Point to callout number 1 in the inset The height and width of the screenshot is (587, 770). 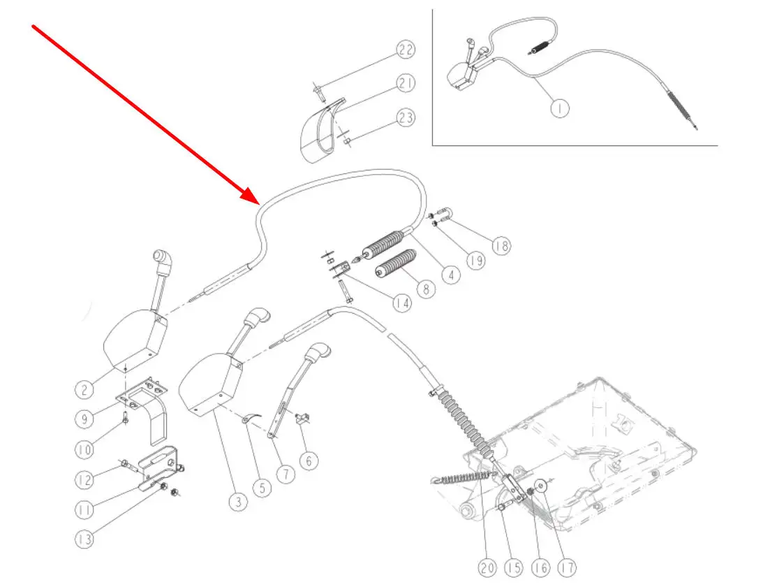coord(559,108)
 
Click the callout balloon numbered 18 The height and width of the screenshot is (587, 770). coord(500,246)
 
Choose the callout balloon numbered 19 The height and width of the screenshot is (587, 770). coord(475,261)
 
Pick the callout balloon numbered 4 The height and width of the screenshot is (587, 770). coord(452,275)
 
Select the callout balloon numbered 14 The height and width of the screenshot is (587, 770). coord(401,303)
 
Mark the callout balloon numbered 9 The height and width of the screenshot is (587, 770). coord(85,419)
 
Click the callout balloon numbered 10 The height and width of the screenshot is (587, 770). coord(84,451)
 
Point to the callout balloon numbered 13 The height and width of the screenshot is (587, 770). coord(85,539)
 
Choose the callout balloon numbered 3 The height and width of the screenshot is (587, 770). coord(238,502)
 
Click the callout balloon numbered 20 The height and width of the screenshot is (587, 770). coord(488,568)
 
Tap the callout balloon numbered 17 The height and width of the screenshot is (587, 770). coord(568,568)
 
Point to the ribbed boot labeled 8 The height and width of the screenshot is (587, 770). coord(395,269)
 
